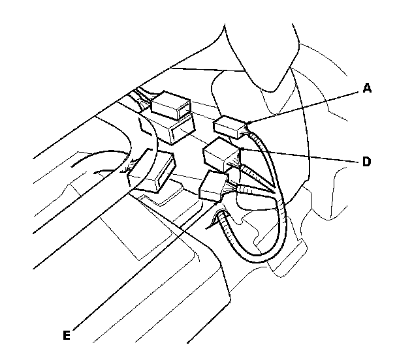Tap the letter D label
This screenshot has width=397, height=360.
tap(366, 161)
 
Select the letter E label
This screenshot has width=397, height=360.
tap(66, 336)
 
